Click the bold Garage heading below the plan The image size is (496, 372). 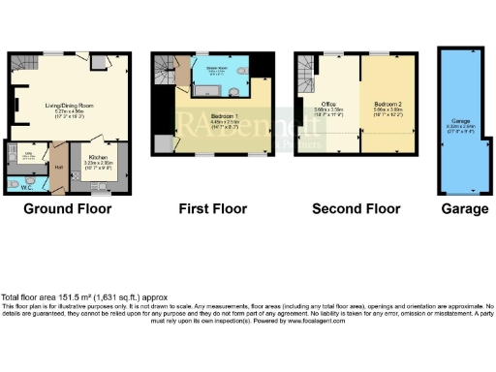pyautogui.click(x=460, y=208)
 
